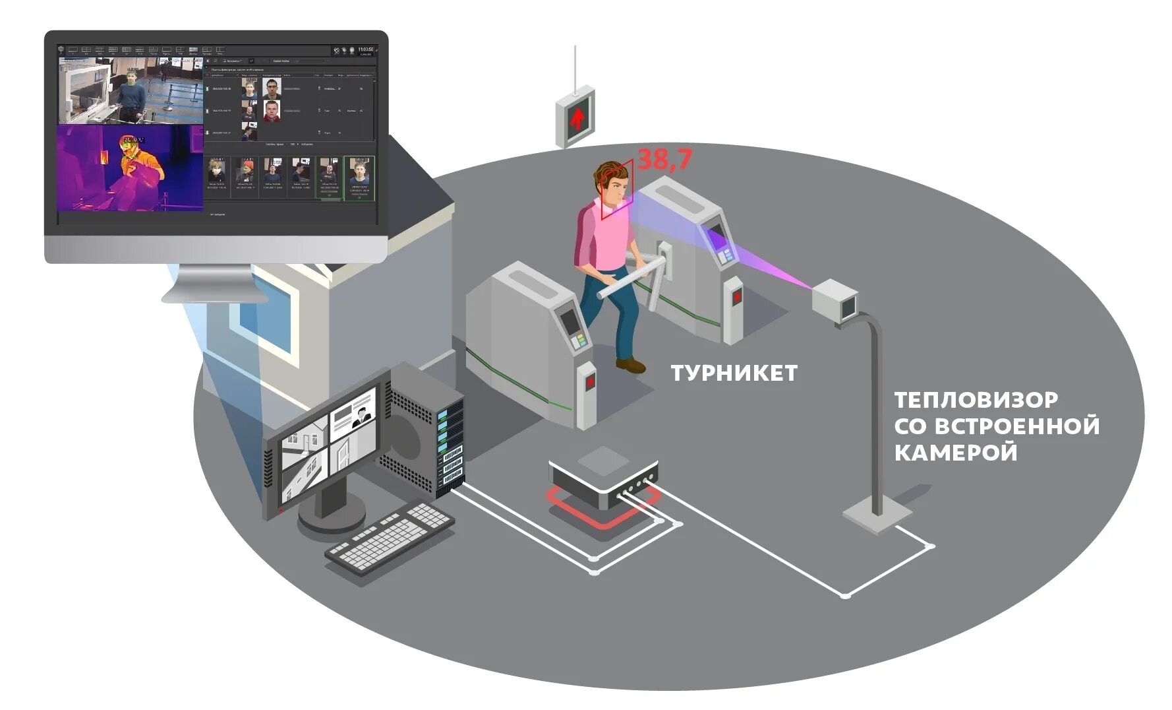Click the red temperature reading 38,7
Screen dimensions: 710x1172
tap(664, 160)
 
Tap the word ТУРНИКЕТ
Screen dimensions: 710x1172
tap(734, 373)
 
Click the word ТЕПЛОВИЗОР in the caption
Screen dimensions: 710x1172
tap(976, 400)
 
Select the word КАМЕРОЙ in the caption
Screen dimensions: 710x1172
tap(955, 453)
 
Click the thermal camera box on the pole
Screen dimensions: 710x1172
tap(834, 300)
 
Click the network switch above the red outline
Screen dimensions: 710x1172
tap(603, 475)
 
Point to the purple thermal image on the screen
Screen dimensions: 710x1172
tap(130, 168)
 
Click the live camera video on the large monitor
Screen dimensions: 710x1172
tap(130, 90)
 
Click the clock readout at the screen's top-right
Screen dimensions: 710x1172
tap(365, 50)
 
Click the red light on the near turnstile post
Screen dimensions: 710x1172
tap(589, 381)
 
